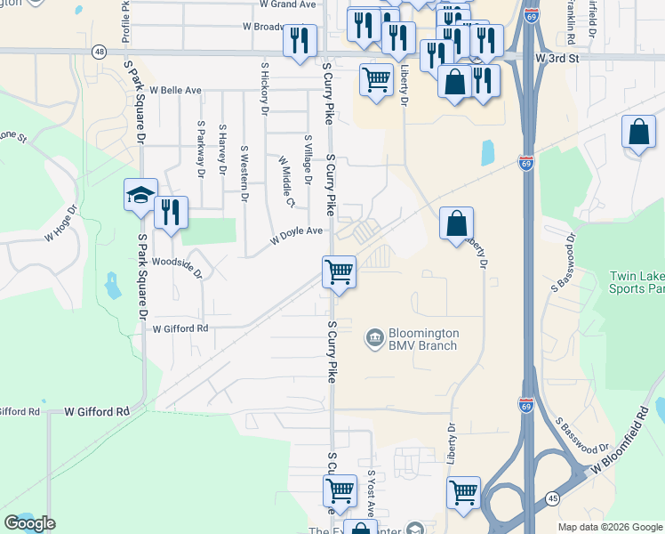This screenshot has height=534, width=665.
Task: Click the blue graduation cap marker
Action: coord(140,196)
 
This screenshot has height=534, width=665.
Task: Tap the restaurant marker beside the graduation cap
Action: coord(170,214)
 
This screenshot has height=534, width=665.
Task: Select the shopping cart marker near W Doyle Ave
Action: coord(339,271)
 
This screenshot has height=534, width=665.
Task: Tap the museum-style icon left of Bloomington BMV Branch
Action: coord(374,338)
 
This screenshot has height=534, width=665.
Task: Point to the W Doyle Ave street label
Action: coord(297,231)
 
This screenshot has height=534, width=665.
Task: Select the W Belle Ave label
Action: coord(175,91)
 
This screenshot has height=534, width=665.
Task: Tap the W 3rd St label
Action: coord(557,58)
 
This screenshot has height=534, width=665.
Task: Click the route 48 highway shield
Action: coord(98,53)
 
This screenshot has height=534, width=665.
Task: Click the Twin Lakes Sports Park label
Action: coord(636,282)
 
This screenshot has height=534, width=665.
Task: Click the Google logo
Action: coord(29,523)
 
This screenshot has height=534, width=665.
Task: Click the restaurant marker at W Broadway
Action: coord(300,41)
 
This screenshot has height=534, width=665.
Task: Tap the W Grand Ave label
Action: coord(288,4)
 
